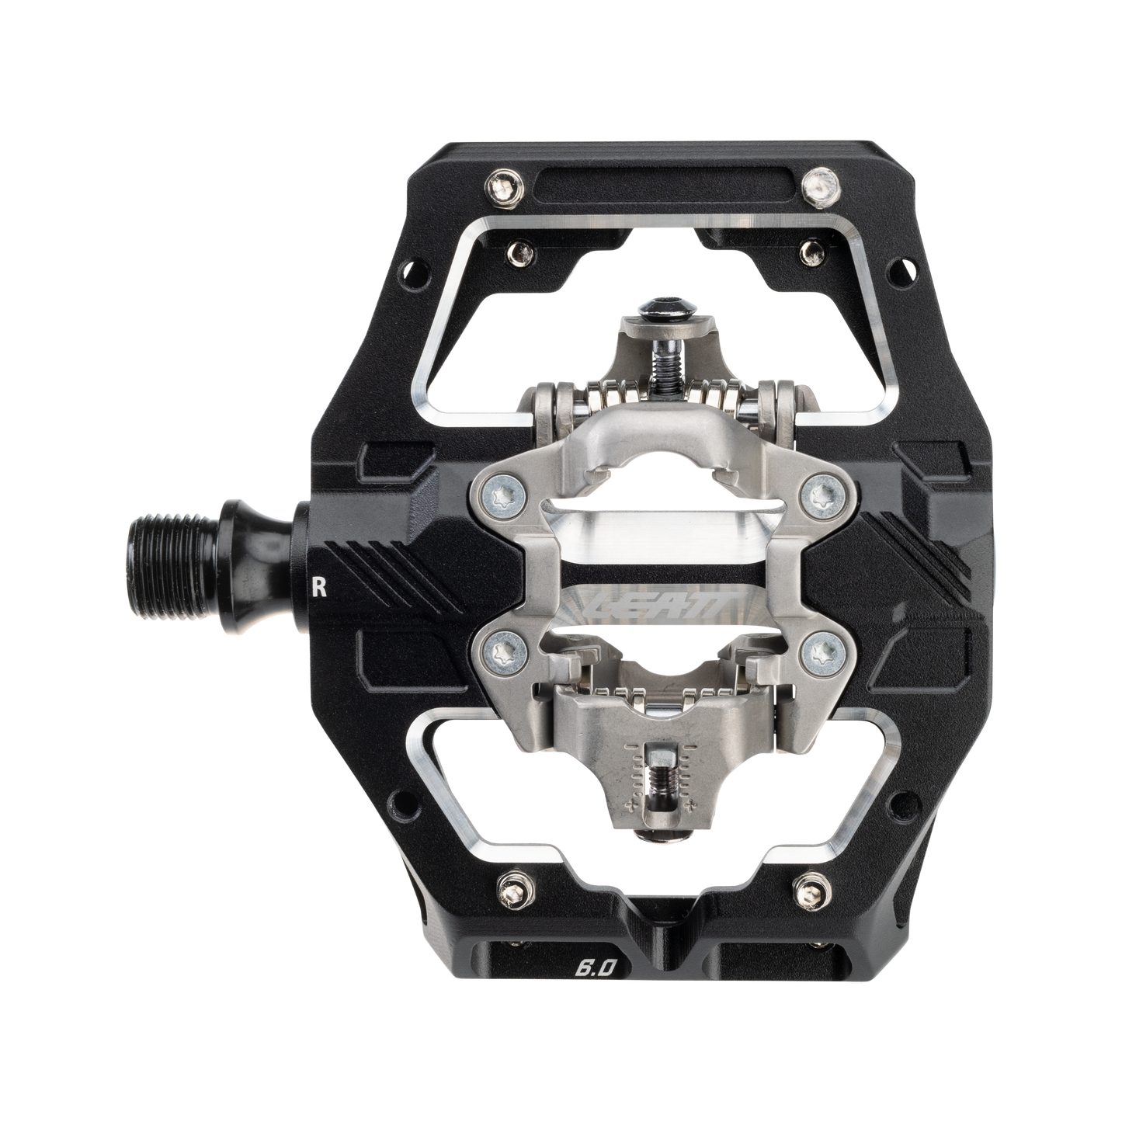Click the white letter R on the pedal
(317, 587)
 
